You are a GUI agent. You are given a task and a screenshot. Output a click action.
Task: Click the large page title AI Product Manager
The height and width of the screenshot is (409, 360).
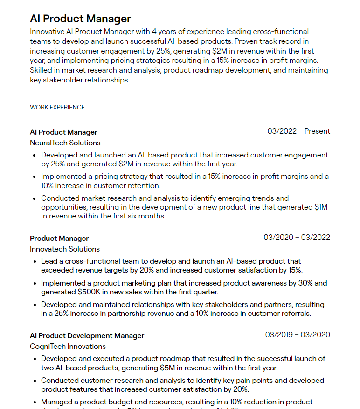pyautogui.click(x=80, y=19)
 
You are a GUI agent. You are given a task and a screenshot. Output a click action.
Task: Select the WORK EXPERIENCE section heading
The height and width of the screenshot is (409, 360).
pyautogui.click(x=57, y=107)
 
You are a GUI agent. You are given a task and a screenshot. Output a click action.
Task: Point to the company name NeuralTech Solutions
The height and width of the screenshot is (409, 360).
pyautogui.click(x=65, y=143)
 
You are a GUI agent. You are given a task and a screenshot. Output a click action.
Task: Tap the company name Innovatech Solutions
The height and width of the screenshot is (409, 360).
pyautogui.click(x=65, y=249)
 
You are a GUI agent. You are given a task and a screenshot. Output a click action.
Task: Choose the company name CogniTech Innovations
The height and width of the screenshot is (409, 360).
pyautogui.click(x=68, y=346)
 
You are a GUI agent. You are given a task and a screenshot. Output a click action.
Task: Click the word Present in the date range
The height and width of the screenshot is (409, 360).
pyautogui.click(x=317, y=131)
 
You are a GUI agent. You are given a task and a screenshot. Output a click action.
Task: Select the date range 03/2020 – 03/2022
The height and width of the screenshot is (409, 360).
pyautogui.click(x=297, y=238)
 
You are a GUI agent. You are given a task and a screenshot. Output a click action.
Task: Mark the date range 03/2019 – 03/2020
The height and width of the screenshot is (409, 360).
pyautogui.click(x=298, y=335)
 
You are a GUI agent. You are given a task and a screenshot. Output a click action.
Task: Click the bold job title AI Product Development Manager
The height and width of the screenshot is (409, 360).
pyautogui.click(x=87, y=335)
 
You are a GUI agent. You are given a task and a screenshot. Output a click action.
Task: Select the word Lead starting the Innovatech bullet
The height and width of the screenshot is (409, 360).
pyautogui.click(x=49, y=261)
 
